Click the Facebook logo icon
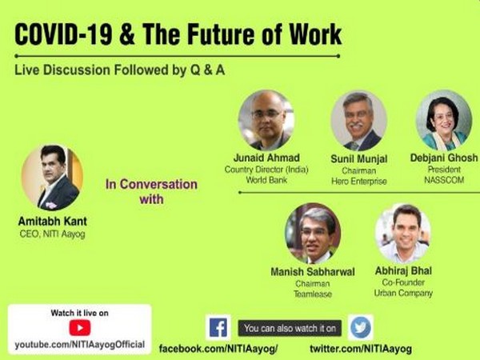[x=218, y=327]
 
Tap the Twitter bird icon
[x=360, y=327]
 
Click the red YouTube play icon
[x=79, y=327]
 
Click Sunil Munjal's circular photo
[x=358, y=120]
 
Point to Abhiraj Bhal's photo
[x=402, y=233]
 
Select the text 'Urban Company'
[x=404, y=293]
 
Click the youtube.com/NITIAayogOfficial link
[x=79, y=344]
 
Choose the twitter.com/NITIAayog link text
[x=361, y=350]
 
